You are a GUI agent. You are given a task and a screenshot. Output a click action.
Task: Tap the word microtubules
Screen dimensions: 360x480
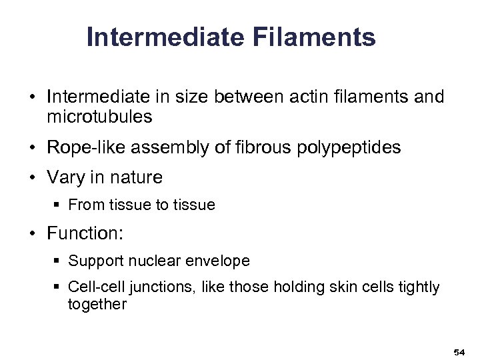[99, 117]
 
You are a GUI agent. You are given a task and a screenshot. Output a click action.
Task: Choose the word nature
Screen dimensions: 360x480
[137, 178]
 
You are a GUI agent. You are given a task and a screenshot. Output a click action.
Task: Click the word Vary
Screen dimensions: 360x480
[63, 178]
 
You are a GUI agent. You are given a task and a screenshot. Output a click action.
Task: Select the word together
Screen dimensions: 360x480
[97, 305]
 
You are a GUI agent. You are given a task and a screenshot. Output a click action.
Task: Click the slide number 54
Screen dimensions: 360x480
[458, 351]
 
